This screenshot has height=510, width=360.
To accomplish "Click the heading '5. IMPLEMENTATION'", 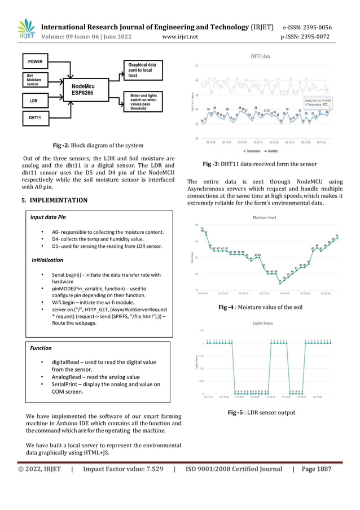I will (x=55, y=200).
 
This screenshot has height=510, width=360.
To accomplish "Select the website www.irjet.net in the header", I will (x=180, y=37).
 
